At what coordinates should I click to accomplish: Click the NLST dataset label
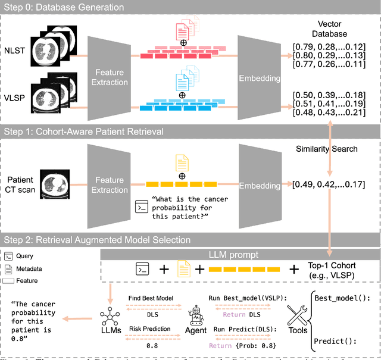pos(14,52)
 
